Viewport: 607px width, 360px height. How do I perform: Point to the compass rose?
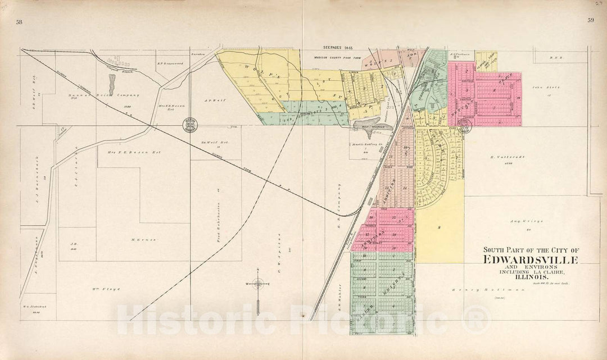click(257, 284)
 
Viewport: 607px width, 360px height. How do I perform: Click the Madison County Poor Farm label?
click(335, 57)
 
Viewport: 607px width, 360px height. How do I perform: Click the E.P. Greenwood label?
click(170, 63)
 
